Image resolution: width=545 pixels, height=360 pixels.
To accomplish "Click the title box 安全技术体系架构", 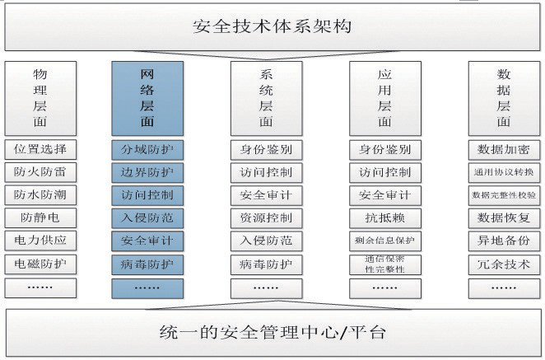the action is click(272, 26).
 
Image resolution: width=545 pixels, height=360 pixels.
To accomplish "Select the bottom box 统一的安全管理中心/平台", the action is click(272, 333).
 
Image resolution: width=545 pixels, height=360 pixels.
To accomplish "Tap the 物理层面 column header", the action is click(40, 97).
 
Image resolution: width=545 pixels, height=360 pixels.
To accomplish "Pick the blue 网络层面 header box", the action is click(147, 97).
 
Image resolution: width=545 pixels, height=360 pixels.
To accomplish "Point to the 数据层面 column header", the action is click(505, 97).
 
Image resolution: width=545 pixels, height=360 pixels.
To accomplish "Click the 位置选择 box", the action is click(40, 150).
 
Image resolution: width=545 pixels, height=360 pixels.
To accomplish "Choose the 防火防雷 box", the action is click(40, 173).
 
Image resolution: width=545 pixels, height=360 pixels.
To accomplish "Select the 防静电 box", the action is click(40, 219).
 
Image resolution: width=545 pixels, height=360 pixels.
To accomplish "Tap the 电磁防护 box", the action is click(40, 265).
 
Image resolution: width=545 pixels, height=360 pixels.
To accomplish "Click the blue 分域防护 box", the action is click(147, 150).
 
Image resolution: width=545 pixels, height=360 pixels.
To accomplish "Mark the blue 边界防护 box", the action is click(147, 173).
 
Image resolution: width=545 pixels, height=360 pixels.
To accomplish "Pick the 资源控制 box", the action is click(266, 219).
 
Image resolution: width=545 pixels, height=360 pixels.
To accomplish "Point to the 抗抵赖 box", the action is click(384, 219).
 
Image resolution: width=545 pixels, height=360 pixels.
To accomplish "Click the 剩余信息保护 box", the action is click(384, 242).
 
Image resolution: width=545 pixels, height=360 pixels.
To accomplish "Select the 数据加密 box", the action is click(505, 150).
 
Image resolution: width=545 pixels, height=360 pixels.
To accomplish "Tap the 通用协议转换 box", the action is click(505, 173).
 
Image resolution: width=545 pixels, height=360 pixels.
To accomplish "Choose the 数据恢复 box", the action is click(505, 219).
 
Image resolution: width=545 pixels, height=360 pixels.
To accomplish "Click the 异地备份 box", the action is click(505, 242).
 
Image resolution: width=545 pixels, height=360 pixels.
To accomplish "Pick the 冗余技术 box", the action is click(505, 265).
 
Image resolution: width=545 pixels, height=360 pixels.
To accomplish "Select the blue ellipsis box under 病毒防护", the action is click(147, 288).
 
